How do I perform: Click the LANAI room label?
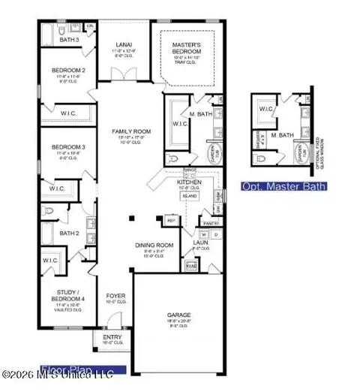coord(124,45)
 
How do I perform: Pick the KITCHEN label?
coord(187,183)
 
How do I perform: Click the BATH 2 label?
coord(69,234)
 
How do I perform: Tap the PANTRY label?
coord(211,222)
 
